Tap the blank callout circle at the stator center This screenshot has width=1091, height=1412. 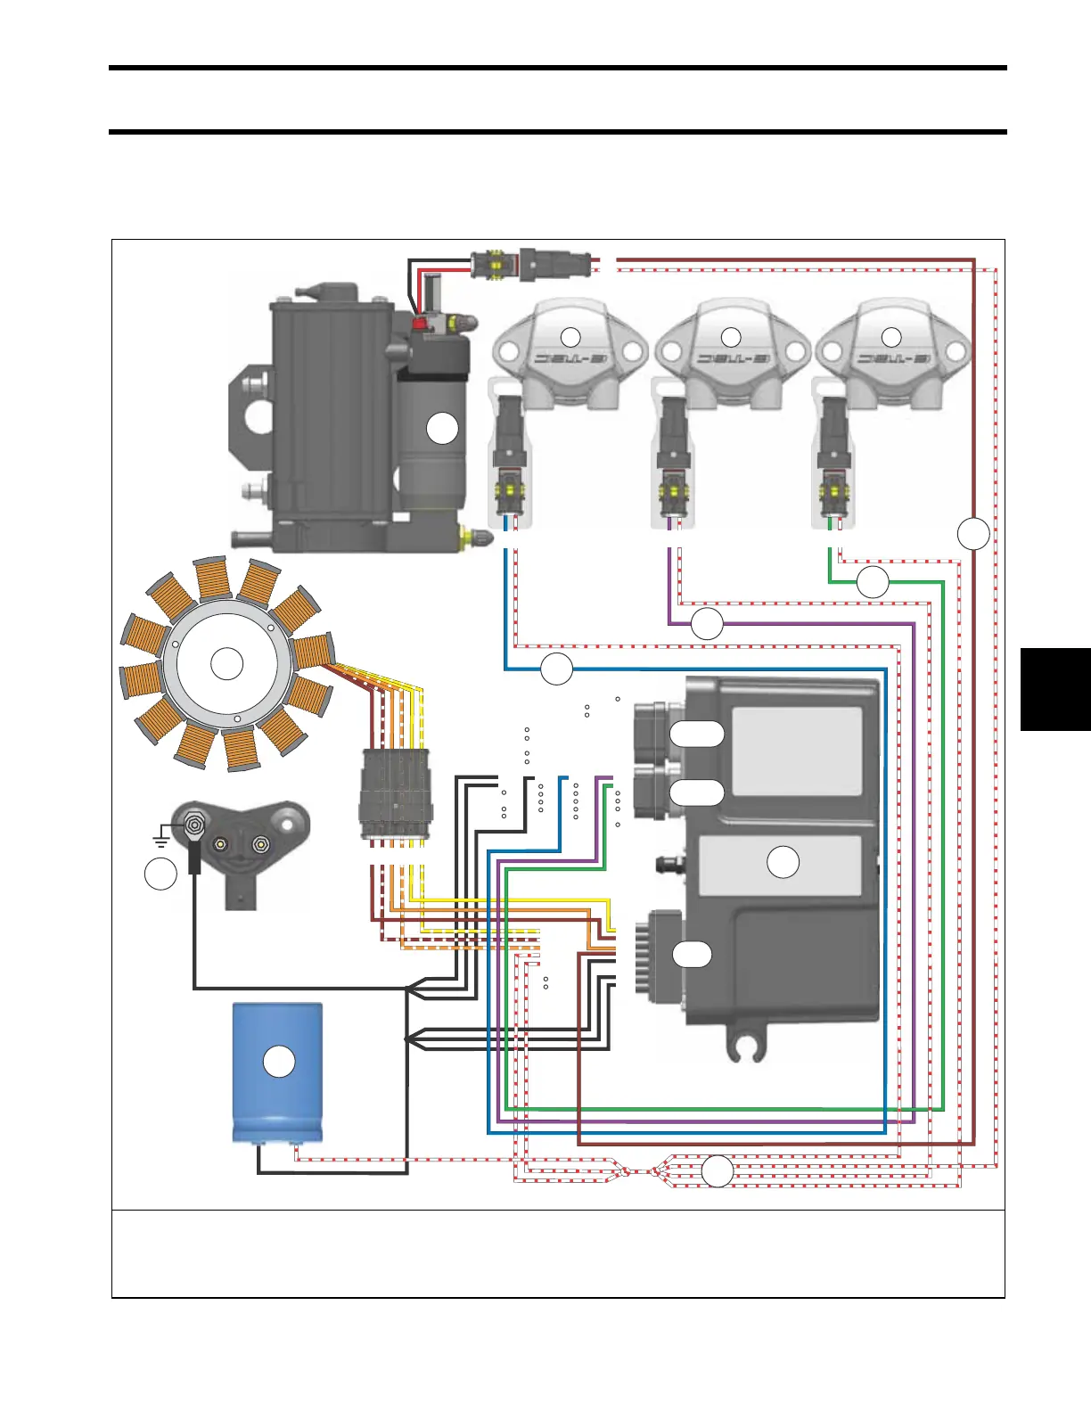(x=226, y=664)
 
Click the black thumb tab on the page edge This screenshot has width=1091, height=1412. (x=1055, y=690)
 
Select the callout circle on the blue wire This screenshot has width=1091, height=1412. (x=557, y=669)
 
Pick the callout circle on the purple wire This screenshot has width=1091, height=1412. (x=707, y=623)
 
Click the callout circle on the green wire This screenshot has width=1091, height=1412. (x=873, y=581)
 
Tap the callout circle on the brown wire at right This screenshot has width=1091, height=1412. (x=974, y=533)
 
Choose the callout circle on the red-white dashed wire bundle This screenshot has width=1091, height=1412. (x=718, y=1171)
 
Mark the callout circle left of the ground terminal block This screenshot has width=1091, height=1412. (x=160, y=874)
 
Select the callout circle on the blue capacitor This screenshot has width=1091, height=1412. (x=280, y=1062)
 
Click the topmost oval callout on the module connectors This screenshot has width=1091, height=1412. (x=696, y=733)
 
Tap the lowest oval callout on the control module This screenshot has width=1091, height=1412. (x=692, y=954)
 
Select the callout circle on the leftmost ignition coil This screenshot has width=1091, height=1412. (x=570, y=337)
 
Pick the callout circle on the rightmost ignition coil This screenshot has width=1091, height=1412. (x=891, y=337)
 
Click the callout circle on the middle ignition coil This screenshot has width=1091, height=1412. (x=731, y=337)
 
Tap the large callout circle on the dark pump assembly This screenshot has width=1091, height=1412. (x=442, y=429)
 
